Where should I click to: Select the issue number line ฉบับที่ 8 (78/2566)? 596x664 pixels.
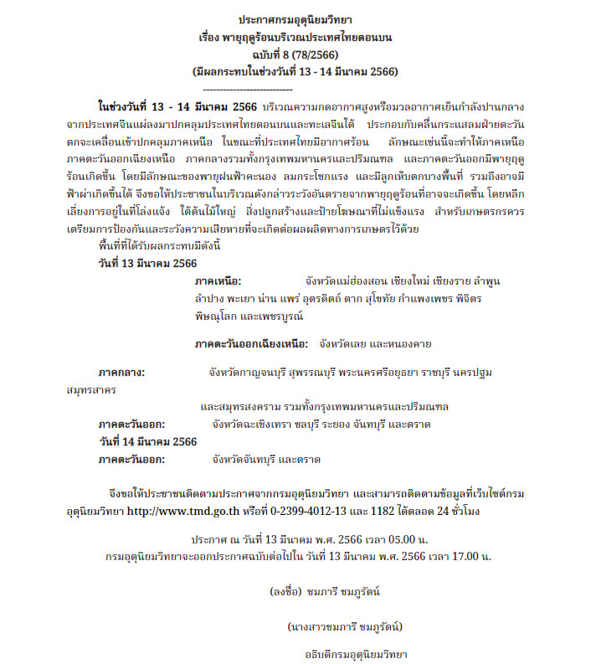point(296,54)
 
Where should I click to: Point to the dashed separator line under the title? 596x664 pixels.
point(248,88)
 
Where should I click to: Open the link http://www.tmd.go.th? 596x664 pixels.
point(181,509)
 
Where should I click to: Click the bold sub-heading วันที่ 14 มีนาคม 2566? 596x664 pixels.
point(147,442)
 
